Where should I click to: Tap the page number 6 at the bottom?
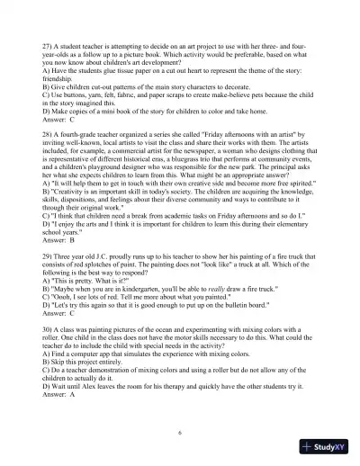pos(180,432)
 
